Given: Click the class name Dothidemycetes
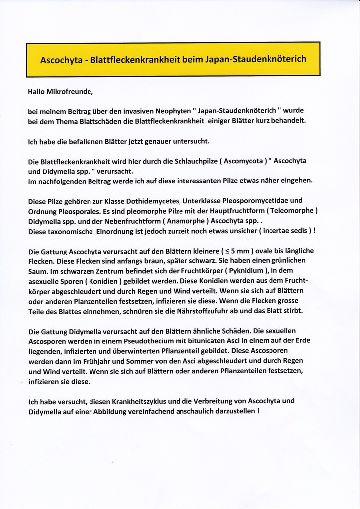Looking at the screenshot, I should click(x=153, y=201).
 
